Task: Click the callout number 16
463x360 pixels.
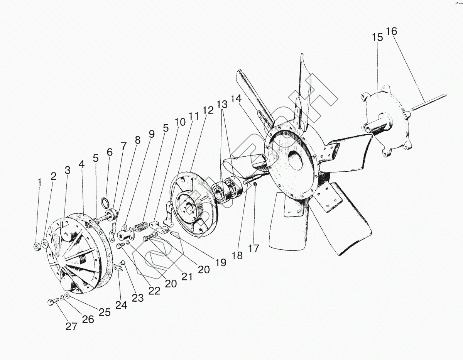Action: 391,31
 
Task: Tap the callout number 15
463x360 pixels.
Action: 377,37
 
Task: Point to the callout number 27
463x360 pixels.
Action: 71,326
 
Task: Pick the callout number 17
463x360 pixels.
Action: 254,248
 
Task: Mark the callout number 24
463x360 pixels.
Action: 121,304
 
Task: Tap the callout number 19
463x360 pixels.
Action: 220,263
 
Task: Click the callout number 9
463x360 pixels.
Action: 151,134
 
